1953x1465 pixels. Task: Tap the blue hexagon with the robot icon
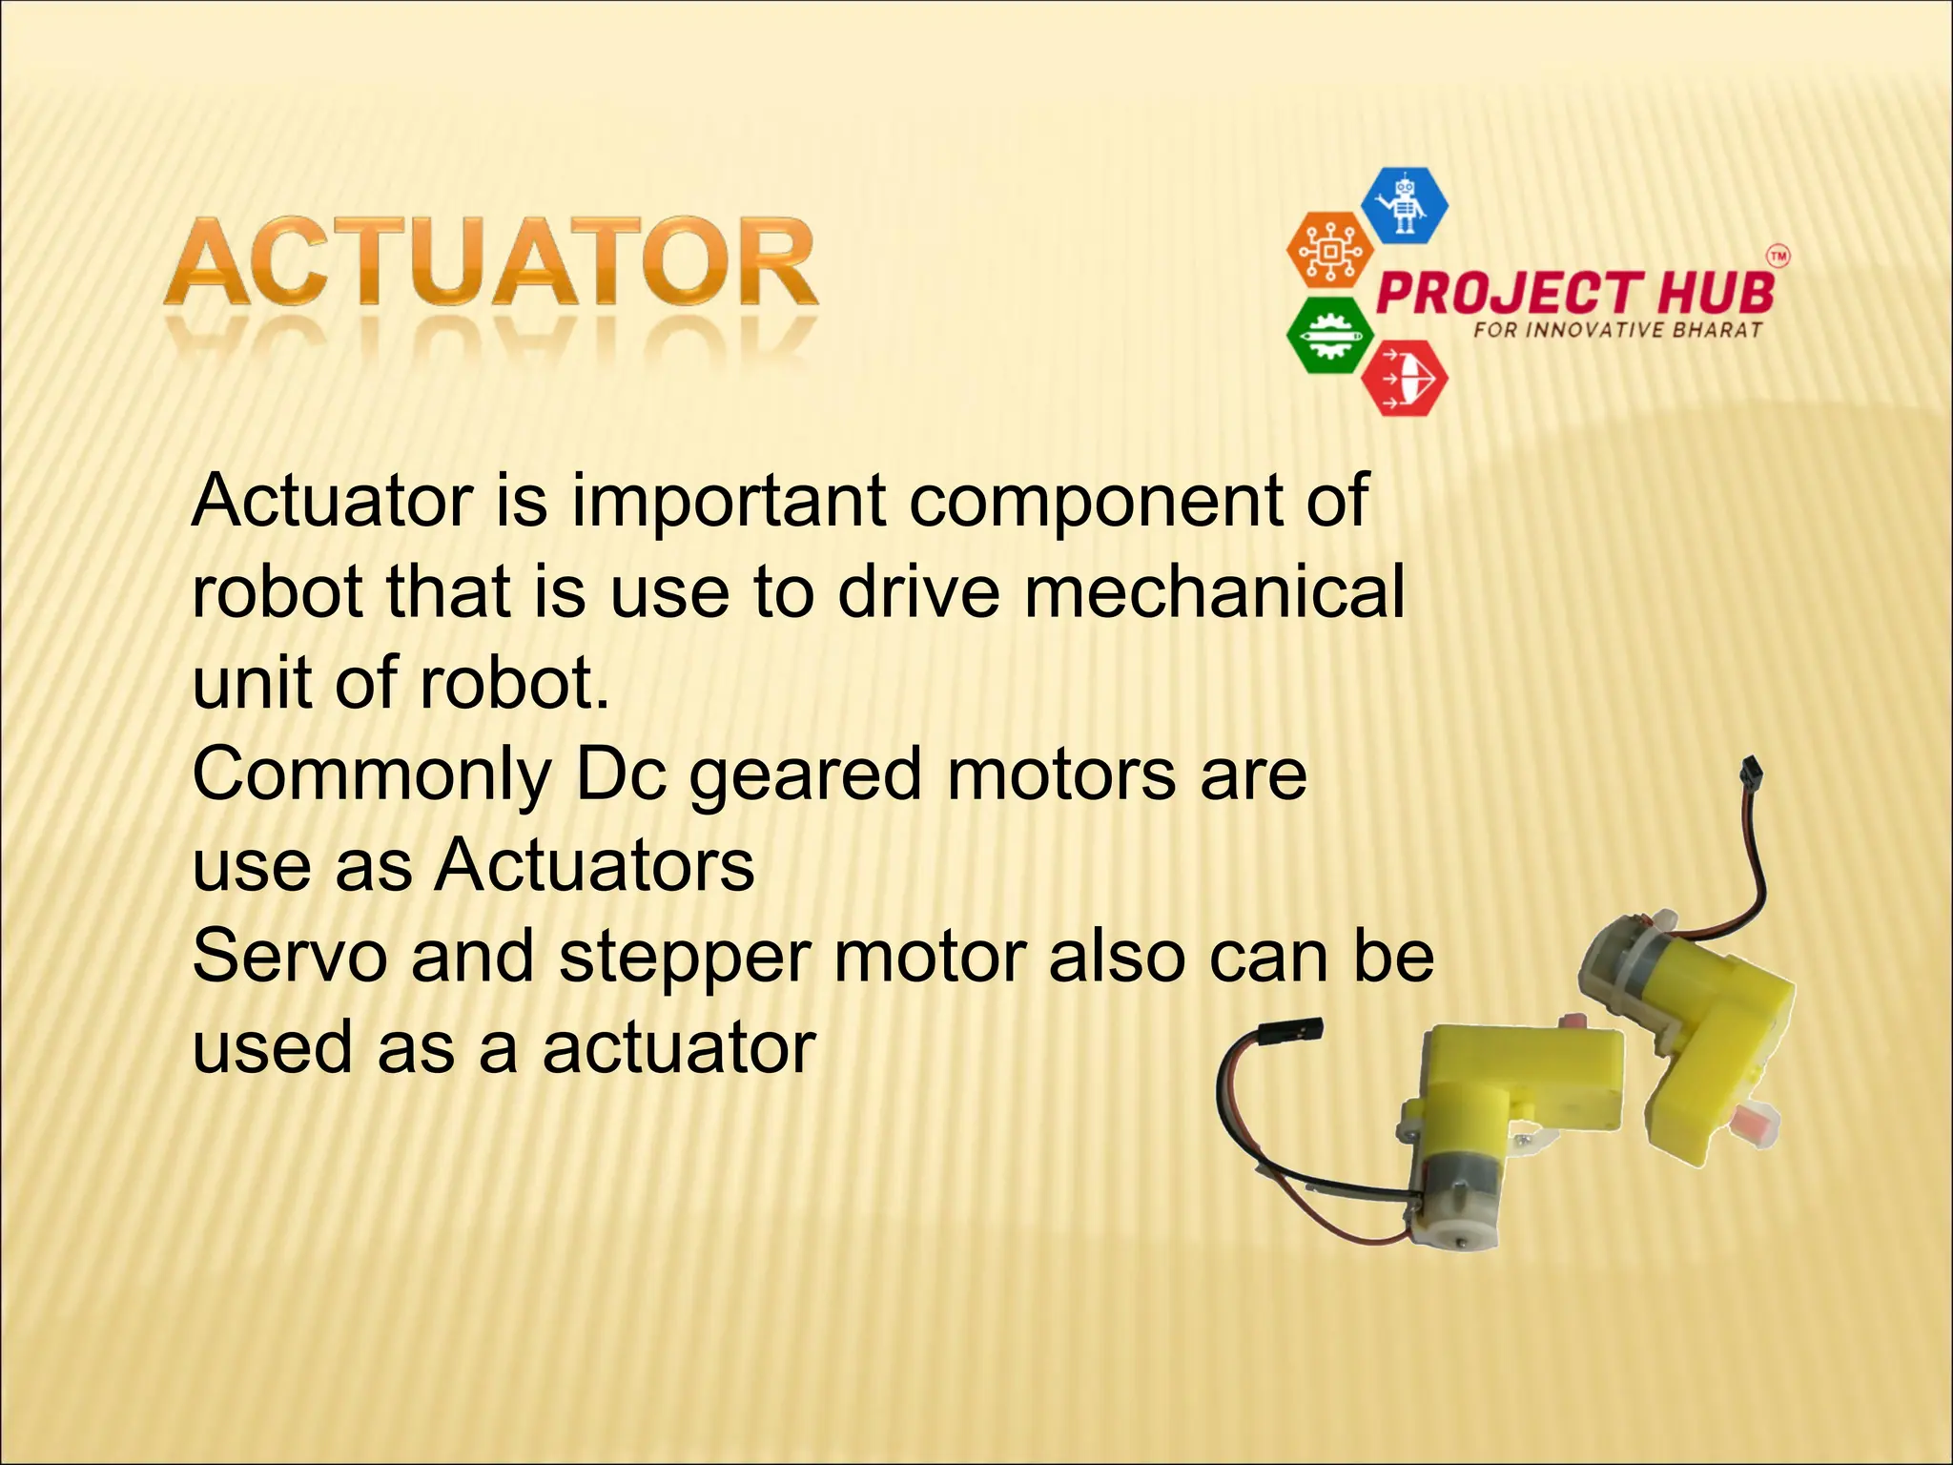point(1404,204)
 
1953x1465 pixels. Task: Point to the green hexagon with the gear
point(1329,336)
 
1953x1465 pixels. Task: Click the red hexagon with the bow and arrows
point(1404,379)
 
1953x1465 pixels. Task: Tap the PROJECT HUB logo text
point(1575,292)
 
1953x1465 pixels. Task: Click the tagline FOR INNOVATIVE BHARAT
point(1617,331)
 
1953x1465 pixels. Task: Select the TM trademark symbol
point(1778,256)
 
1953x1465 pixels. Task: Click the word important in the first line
point(729,502)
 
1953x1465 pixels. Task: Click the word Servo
point(290,957)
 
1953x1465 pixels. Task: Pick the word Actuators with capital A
point(594,866)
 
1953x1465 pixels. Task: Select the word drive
point(918,591)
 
